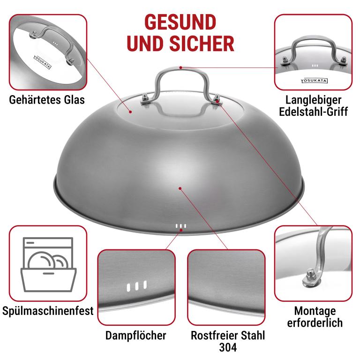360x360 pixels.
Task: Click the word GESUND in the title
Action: (x=180, y=22)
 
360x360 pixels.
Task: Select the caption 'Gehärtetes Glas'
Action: (x=47, y=100)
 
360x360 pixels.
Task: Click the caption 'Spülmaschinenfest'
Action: (x=48, y=311)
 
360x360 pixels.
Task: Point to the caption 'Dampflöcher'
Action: (x=135, y=336)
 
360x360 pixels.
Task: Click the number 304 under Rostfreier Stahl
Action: (x=228, y=347)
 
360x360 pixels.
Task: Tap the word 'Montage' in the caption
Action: (x=315, y=312)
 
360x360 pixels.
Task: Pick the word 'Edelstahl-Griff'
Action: (x=314, y=112)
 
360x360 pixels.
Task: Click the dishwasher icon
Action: (x=48, y=264)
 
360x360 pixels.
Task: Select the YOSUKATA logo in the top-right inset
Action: (x=314, y=81)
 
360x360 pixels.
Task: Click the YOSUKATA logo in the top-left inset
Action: (x=43, y=62)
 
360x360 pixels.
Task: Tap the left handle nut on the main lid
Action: (x=146, y=99)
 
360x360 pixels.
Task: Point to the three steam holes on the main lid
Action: (x=181, y=226)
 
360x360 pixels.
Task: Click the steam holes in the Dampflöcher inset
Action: (x=137, y=286)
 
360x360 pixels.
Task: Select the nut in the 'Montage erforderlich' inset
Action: (x=310, y=277)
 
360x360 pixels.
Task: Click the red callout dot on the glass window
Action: (x=130, y=112)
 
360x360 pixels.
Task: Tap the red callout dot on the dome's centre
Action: (x=180, y=188)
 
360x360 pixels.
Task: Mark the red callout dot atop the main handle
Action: (x=181, y=67)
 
